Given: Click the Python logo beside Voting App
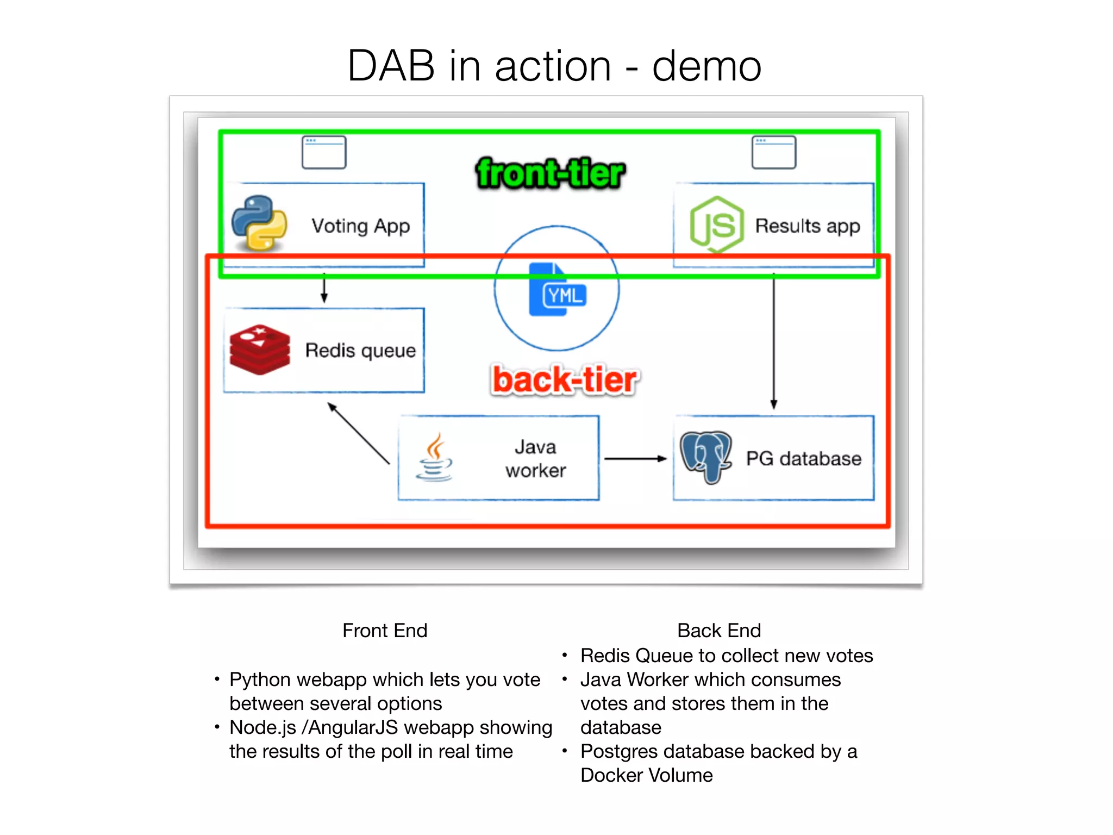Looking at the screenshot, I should coord(259,223).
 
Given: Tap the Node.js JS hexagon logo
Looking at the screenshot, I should coord(716,225).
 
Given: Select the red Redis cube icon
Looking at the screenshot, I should coord(259,350).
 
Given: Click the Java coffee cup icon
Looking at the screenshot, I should coord(434,457).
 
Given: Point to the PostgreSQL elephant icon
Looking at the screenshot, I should coord(705,456).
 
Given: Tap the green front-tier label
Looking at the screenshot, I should coord(550,173).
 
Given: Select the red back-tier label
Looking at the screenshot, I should coord(565,379).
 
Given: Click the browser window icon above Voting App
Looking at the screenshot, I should coord(324,152).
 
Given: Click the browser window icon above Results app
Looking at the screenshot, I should coord(774,152).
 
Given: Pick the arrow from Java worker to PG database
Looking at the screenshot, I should coord(635,459).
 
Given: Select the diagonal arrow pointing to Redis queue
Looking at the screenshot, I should coord(359,433).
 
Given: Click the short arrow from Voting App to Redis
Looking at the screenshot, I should coord(324,288).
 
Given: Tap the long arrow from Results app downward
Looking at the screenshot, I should coord(774,342).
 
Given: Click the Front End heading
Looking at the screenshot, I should coord(385,631).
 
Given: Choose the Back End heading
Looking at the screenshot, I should coord(718,631).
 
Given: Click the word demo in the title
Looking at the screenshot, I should coord(706,66).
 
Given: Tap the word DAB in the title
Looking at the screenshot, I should coord(391,66).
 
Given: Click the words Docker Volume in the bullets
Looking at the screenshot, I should coord(646,775).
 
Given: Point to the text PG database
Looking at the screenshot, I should coord(803,459).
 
